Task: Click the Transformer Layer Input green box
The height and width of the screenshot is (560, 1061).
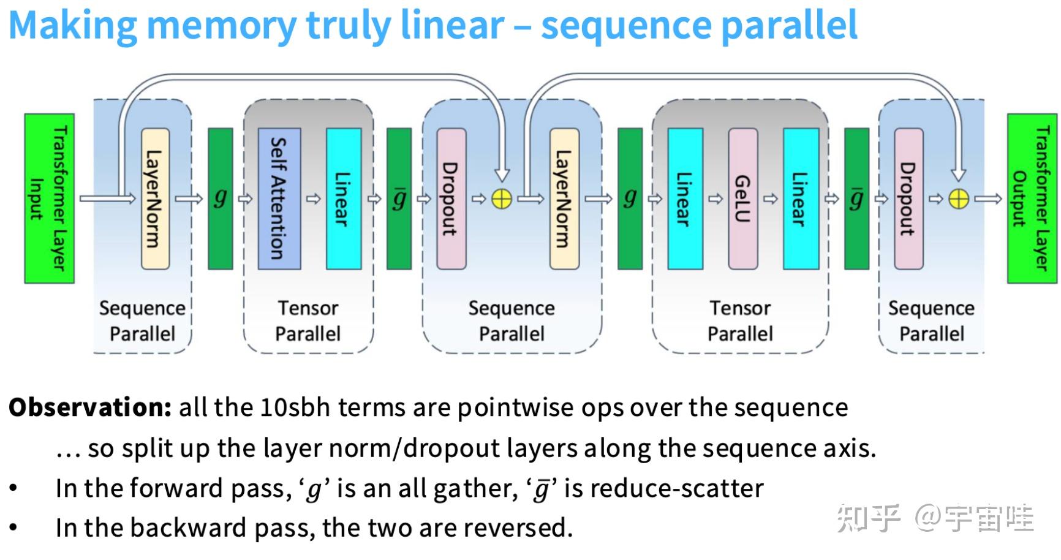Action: click(49, 198)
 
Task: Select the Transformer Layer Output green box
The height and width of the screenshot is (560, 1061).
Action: click(1032, 198)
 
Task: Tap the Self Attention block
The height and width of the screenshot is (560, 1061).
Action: click(279, 198)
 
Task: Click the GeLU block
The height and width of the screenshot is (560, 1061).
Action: click(742, 198)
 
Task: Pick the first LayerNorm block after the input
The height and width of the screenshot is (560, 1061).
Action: click(155, 198)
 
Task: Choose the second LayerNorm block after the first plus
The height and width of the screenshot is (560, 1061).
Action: click(564, 198)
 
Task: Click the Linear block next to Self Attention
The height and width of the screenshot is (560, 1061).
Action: click(343, 198)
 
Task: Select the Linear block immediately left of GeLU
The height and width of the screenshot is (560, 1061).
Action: click(685, 198)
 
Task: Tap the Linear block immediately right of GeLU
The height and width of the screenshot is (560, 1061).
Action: click(801, 198)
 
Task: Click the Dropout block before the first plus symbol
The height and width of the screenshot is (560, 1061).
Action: click(451, 198)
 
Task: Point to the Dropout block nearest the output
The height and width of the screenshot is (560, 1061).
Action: click(908, 198)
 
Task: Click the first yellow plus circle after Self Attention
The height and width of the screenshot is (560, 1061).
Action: click(502, 199)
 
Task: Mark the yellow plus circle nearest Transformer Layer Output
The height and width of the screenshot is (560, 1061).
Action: click(959, 199)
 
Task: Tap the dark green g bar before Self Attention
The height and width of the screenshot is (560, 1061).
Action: click(221, 198)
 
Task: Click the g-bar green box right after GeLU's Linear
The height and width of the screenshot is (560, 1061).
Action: click(856, 198)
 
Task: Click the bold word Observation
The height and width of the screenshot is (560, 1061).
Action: click(90, 407)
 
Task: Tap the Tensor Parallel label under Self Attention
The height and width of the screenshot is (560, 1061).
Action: click(308, 320)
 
